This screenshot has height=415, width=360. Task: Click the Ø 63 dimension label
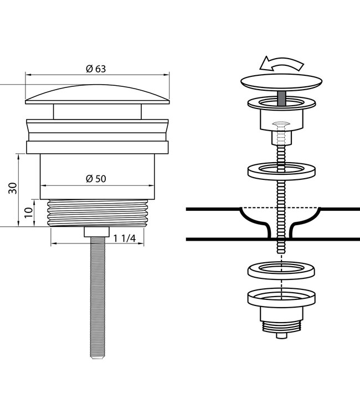(x=95, y=69)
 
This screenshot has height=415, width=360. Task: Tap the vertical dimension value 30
(x=12, y=188)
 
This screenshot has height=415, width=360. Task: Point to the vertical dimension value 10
(x=28, y=212)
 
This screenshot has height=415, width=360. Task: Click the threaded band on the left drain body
(x=96, y=213)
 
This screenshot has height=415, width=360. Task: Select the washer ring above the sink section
(x=282, y=170)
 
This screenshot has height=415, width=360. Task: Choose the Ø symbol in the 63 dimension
(x=89, y=69)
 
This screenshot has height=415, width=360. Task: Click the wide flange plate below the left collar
(x=97, y=147)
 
